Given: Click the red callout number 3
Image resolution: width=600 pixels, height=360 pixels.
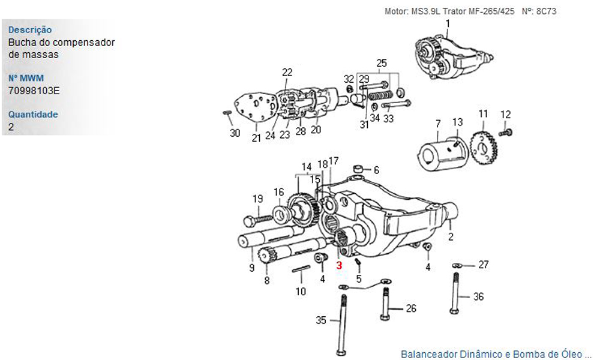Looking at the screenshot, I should point(339,265).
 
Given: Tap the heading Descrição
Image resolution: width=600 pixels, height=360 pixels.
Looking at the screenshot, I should point(30,29).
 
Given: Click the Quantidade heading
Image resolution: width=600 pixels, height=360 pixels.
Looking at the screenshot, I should point(33,115).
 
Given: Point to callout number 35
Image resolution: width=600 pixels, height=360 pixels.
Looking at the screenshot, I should point(321,320).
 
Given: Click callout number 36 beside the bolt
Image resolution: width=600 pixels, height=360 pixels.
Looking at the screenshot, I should point(478,296).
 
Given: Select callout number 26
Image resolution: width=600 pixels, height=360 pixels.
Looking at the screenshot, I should point(411,309).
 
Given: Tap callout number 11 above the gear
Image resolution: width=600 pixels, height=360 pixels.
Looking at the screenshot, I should point(483,114).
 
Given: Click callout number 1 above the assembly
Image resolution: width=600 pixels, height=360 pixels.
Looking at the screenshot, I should point(447,23).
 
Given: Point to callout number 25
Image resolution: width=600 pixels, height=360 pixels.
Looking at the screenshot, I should point(382,63).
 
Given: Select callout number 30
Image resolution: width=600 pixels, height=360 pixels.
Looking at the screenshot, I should point(235,133).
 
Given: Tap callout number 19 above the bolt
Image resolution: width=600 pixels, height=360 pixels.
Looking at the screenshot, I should point(257,199).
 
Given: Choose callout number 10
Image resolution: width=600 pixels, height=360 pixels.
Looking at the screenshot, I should point(301,292).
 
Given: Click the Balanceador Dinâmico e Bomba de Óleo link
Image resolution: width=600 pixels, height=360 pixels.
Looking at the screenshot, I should point(496,353).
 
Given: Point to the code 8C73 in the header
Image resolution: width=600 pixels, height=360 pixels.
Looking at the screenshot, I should point(549,11).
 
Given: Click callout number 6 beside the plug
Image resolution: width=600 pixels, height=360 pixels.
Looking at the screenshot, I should point(376,170).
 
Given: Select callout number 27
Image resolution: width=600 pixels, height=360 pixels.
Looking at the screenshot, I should point(484,265).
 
